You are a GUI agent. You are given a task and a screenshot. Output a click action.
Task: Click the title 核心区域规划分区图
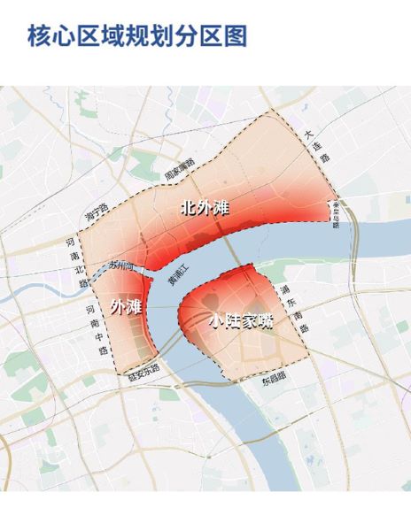click(137, 36)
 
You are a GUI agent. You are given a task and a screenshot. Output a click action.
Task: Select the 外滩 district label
click(127, 307)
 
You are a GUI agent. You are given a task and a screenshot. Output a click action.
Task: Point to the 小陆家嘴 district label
click(241, 323)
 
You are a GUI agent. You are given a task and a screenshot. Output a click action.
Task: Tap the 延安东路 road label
click(144, 368)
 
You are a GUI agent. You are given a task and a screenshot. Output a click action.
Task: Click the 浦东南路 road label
click(293, 309)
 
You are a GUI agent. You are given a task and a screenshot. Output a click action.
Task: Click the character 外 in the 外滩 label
click(119, 307)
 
